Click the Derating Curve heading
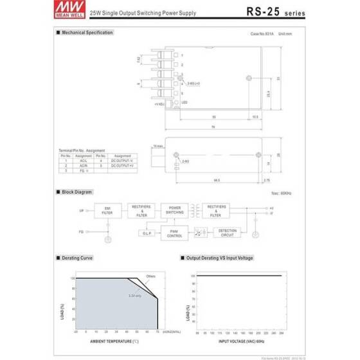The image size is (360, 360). pyautogui.click(x=78, y=258)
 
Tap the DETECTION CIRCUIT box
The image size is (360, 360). pyautogui.click(x=228, y=233)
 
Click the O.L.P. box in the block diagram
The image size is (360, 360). pyautogui.click(x=146, y=233)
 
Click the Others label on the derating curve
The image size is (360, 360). pyautogui.click(x=151, y=276)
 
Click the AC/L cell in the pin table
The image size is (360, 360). pyautogui.click(x=84, y=161)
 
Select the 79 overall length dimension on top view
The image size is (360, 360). pyautogui.click(x=213, y=127)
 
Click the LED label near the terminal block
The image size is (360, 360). pyautogui.click(x=184, y=103)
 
